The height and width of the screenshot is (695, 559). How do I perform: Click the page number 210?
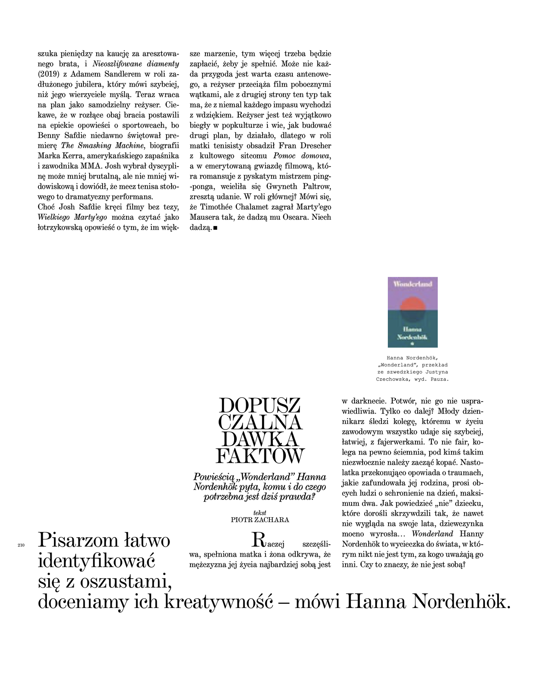point(21,546)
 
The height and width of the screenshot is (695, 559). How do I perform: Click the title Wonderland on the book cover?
point(413,284)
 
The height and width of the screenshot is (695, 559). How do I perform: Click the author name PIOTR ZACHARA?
point(260,520)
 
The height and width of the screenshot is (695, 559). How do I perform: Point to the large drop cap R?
point(259,540)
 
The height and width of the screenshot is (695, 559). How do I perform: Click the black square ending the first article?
point(215,228)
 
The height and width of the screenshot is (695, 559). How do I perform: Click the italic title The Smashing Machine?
point(103,146)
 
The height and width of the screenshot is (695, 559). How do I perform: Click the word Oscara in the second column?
point(296,217)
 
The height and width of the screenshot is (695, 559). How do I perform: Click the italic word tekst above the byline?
point(260,513)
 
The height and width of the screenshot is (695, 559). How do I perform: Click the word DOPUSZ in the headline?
point(260,406)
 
